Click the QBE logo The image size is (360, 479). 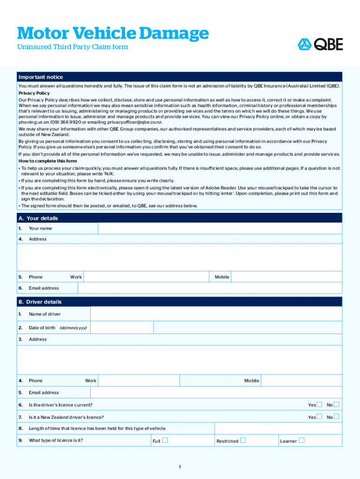[x=320, y=44]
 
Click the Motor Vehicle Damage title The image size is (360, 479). [x=113, y=33]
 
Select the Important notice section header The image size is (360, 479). [x=40, y=77]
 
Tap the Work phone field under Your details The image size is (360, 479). [x=146, y=277]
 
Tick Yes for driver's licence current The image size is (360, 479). [x=319, y=405]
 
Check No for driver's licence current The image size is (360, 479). [x=337, y=405]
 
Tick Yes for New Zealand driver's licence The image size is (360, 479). [x=319, y=417]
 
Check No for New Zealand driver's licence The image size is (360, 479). [x=337, y=417]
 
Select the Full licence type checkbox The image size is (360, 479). [x=165, y=441]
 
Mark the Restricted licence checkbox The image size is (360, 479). [x=243, y=441]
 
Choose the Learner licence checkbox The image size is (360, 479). [x=302, y=441]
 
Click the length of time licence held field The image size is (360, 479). [x=278, y=428]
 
